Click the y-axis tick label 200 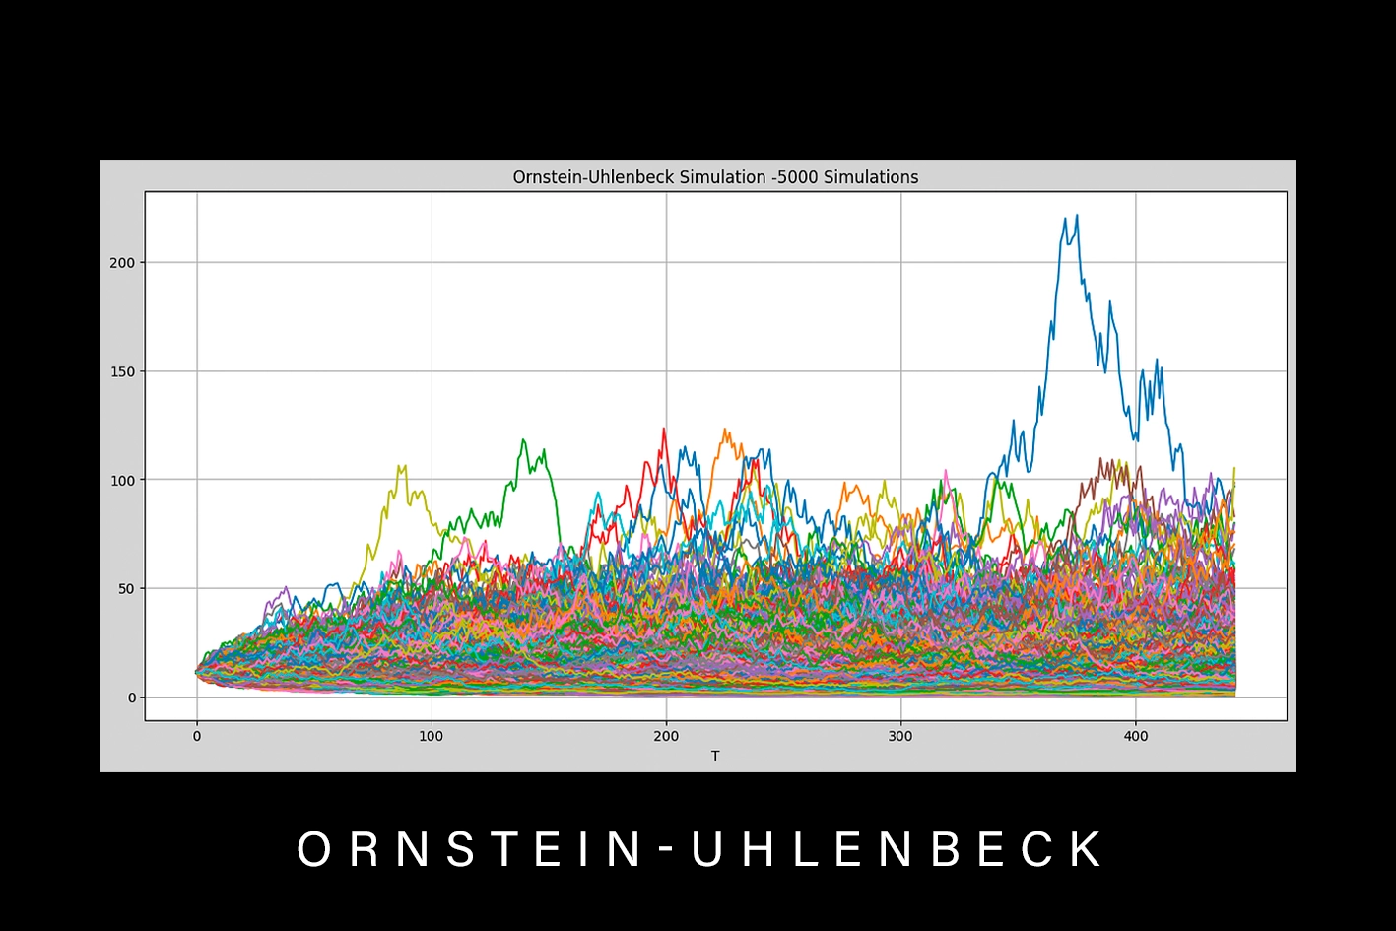[122, 263]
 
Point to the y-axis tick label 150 [122, 371]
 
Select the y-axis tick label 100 [122, 480]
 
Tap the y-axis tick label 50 [126, 589]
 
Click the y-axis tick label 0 [130, 698]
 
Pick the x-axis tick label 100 [431, 736]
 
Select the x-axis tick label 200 [666, 736]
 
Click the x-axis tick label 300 [900, 736]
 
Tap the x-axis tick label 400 [1136, 736]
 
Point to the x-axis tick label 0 [196, 736]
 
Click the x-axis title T [715, 756]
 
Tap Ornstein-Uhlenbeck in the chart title [593, 177]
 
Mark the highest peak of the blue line [1077, 215]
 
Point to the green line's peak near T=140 [523, 439]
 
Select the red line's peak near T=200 [664, 429]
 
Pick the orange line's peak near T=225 [725, 430]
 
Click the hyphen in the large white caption [666, 849]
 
